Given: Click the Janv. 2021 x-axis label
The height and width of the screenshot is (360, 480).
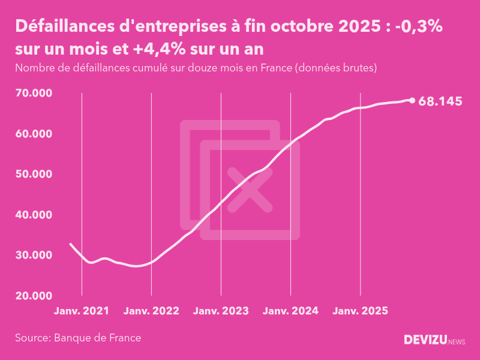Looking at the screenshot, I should (x=82, y=311).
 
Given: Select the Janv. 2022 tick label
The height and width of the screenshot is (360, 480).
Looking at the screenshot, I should (x=151, y=311).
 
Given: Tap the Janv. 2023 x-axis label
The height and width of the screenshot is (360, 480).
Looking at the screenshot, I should (x=221, y=311).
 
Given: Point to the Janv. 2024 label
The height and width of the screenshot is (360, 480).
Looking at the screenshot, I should (x=290, y=311).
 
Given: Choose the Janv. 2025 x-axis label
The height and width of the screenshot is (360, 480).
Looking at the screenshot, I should (x=360, y=311).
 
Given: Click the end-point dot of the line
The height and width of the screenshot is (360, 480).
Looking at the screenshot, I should (x=412, y=100).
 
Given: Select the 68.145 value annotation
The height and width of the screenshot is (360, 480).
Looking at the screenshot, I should (x=440, y=101).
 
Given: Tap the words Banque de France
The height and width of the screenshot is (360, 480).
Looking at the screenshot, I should (x=98, y=338).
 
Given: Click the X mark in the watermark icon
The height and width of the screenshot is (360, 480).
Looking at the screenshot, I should (x=250, y=190).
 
